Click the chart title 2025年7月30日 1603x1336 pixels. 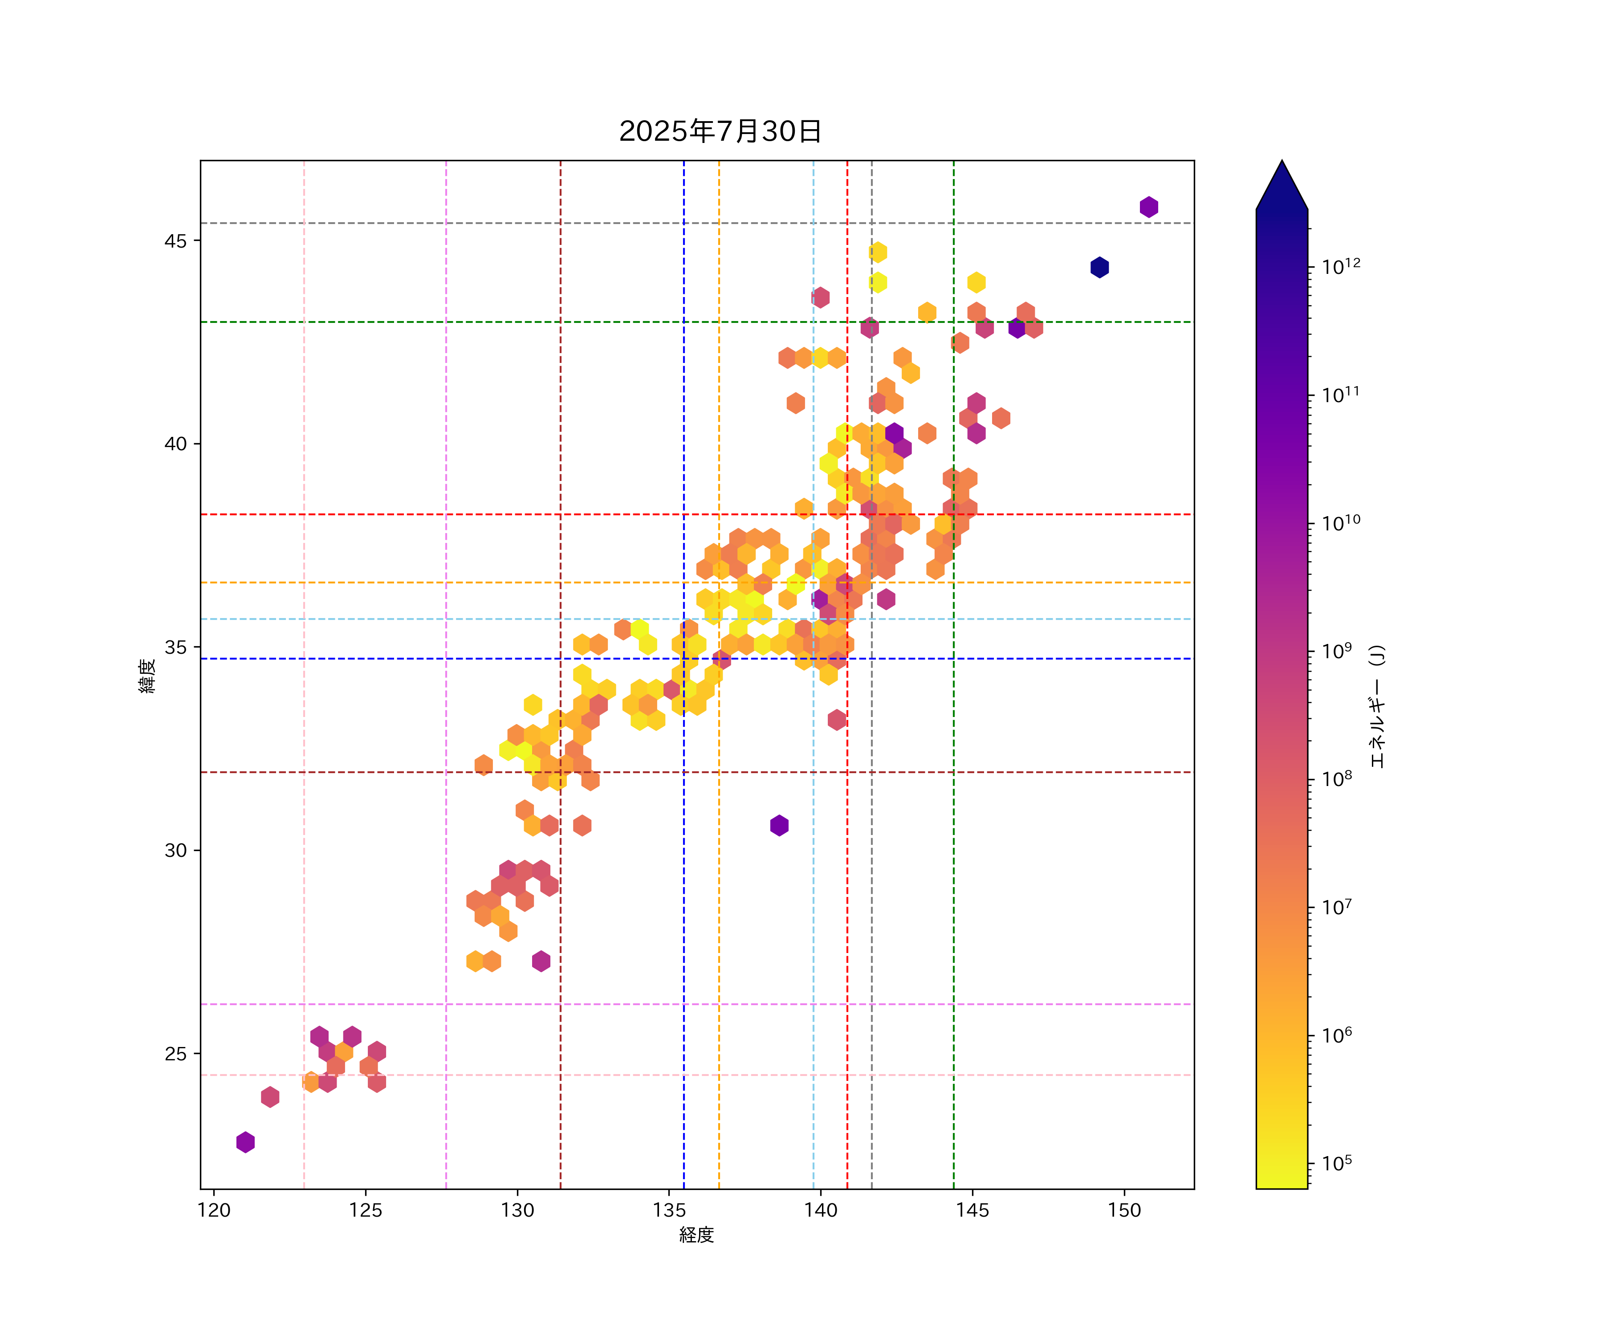(720, 131)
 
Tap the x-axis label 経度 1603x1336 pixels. (696, 1234)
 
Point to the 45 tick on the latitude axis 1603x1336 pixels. (175, 241)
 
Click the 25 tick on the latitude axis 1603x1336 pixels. (175, 1054)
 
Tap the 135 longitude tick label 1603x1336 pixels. (669, 1210)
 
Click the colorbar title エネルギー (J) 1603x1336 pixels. (1376, 707)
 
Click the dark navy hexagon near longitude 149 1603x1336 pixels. (1099, 267)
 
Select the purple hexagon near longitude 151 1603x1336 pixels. (1149, 207)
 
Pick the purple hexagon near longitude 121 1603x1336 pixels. (245, 1142)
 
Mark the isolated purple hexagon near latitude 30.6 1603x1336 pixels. (779, 825)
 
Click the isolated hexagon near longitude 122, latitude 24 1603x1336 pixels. (269, 1097)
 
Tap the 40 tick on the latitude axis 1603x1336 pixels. (175, 444)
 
